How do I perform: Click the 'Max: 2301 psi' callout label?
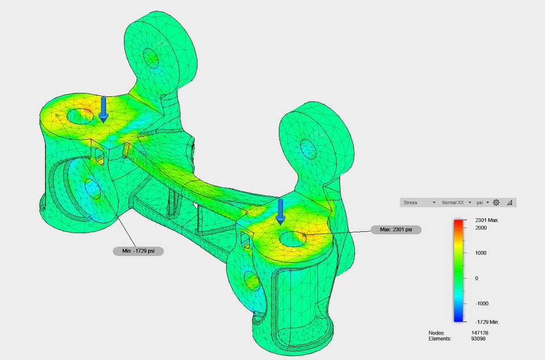(396, 229)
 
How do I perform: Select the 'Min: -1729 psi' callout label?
(138, 250)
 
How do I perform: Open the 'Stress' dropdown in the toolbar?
(419, 202)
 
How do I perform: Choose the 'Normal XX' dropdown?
(456, 202)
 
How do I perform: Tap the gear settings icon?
(496, 202)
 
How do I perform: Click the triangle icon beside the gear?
(509, 202)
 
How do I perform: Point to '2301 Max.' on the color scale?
(487, 220)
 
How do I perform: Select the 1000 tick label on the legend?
(481, 253)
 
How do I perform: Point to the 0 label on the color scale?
(477, 278)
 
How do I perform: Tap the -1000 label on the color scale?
(482, 304)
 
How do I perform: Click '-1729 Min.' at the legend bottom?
(487, 322)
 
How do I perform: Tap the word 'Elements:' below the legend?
(439, 338)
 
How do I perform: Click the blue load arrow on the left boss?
(103, 109)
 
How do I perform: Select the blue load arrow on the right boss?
(280, 211)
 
